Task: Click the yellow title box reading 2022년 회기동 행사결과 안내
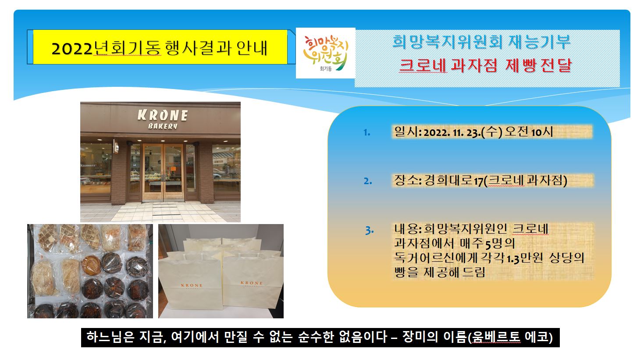tap(160, 47)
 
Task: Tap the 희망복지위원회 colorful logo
tap(325, 53)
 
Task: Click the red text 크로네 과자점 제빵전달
tap(485, 65)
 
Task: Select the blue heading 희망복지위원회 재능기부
tap(481, 42)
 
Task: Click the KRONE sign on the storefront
tap(163, 115)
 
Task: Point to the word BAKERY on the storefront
tap(163, 126)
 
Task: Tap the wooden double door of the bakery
tap(163, 172)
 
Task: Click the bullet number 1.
tap(366, 132)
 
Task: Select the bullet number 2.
tap(368, 181)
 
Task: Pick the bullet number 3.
tap(370, 230)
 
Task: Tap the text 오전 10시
tap(529, 132)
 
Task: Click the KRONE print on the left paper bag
tap(192, 285)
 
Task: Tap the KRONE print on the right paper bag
tap(252, 283)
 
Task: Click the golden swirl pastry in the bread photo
tap(92, 265)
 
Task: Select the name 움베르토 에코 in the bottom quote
tap(511, 337)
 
